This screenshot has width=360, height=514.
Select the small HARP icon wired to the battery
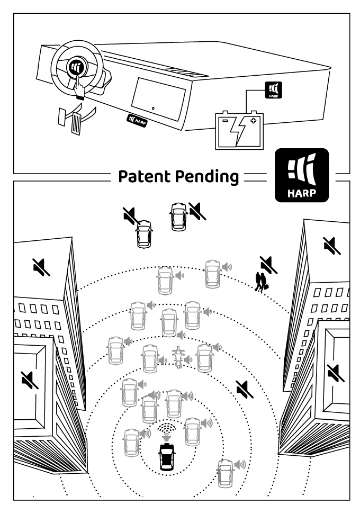[273, 90]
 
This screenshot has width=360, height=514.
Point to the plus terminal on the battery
[254, 121]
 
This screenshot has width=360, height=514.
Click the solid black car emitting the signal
[167, 456]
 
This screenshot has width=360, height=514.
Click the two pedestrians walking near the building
[261, 281]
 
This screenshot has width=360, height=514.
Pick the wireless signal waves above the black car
[167, 429]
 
